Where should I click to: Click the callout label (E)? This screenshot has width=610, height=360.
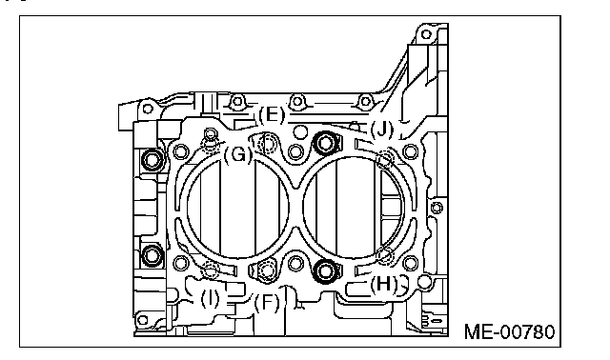(272, 115)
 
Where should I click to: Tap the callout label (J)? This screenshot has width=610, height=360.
(382, 130)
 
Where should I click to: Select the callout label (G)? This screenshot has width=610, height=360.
(238, 154)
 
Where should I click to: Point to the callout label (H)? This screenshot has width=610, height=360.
(383, 285)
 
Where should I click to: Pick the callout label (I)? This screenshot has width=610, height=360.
(210, 299)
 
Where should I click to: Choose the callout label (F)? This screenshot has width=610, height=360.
(267, 302)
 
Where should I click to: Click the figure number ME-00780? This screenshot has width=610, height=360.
(510, 331)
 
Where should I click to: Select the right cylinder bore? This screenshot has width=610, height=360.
(303, 208)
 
